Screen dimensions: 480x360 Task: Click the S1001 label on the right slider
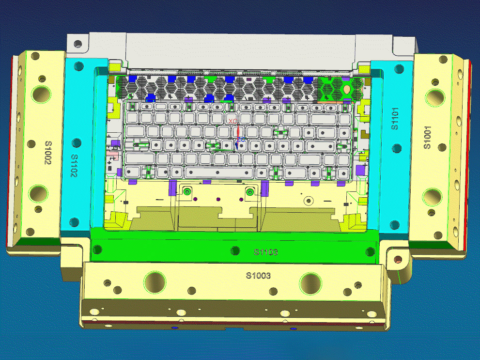point(427,138)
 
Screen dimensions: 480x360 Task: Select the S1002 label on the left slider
point(48,153)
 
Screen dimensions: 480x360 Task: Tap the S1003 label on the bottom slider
point(258,276)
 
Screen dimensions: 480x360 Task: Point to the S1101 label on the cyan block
point(395,119)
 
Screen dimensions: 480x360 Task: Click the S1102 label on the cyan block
point(74,166)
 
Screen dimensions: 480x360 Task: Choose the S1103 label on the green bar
point(266,252)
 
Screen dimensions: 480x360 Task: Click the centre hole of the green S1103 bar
point(235,250)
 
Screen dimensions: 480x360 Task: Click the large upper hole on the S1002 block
point(41,94)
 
